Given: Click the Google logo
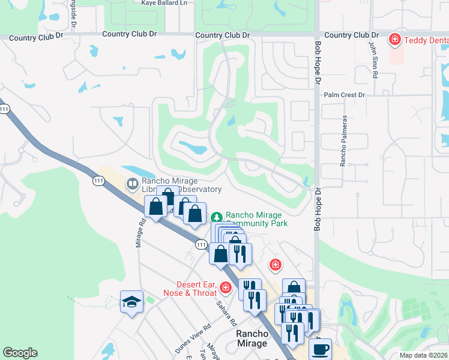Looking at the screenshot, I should (x=20, y=353).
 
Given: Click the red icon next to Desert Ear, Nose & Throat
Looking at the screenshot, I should (x=226, y=288).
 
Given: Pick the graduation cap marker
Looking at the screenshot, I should (x=131, y=303).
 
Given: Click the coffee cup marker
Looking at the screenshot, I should (x=320, y=348).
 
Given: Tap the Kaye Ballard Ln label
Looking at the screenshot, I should (x=164, y=3).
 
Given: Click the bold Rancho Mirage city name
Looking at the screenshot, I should (x=252, y=338).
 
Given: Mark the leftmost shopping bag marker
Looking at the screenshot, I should (x=155, y=207).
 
